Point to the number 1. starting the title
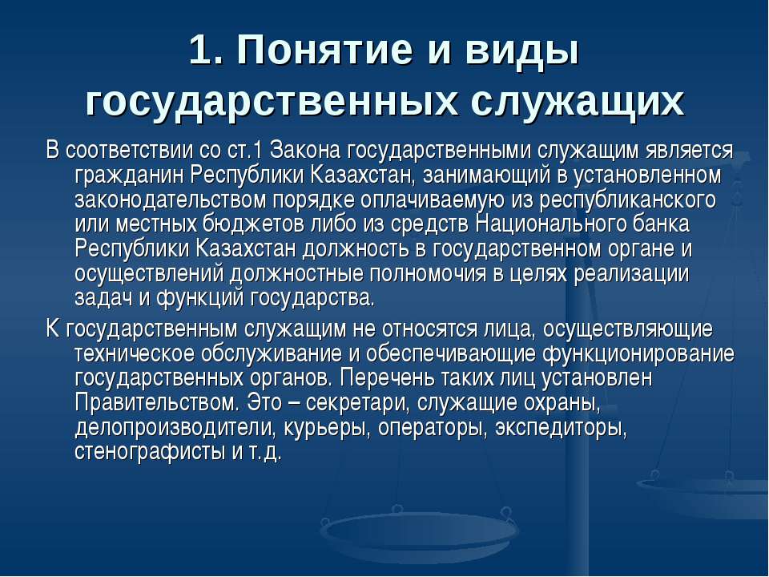coord(203,54)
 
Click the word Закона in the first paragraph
coord(309,150)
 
